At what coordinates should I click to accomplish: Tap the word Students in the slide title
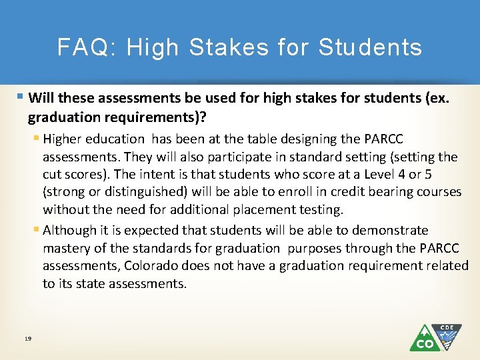point(370,47)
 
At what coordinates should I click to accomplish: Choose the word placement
point(253,209)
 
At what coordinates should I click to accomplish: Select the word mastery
point(65,248)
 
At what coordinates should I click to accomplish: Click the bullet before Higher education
point(36,139)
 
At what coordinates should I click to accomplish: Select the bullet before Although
point(36,231)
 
